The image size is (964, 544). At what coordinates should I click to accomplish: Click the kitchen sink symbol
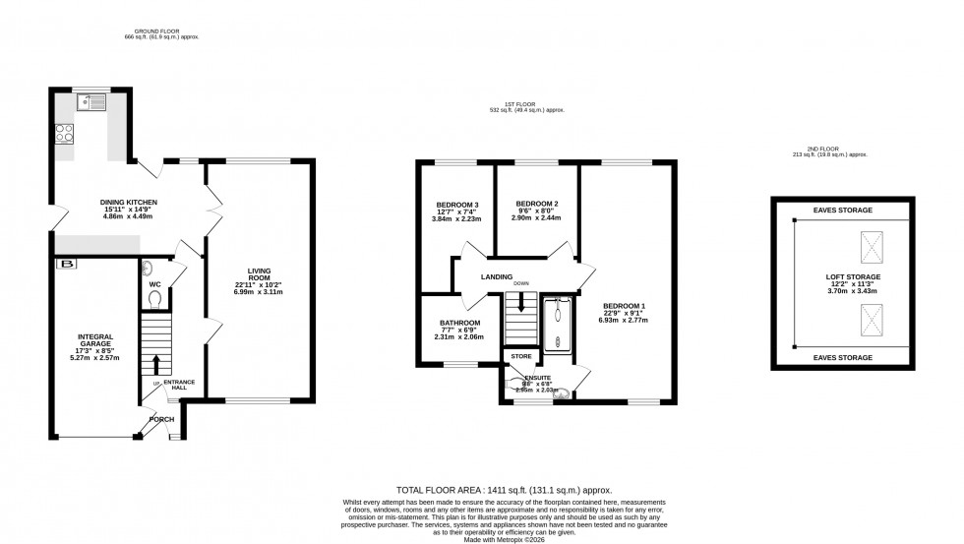(x=94, y=99)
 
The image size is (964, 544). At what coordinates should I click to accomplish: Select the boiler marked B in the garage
(x=66, y=264)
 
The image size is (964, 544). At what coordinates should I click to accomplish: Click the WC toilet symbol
(x=147, y=268)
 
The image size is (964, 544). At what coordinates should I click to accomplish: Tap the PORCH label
(x=160, y=420)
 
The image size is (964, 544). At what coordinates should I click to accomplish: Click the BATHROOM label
(x=460, y=323)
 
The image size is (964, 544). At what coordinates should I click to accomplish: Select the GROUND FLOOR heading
(x=158, y=30)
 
